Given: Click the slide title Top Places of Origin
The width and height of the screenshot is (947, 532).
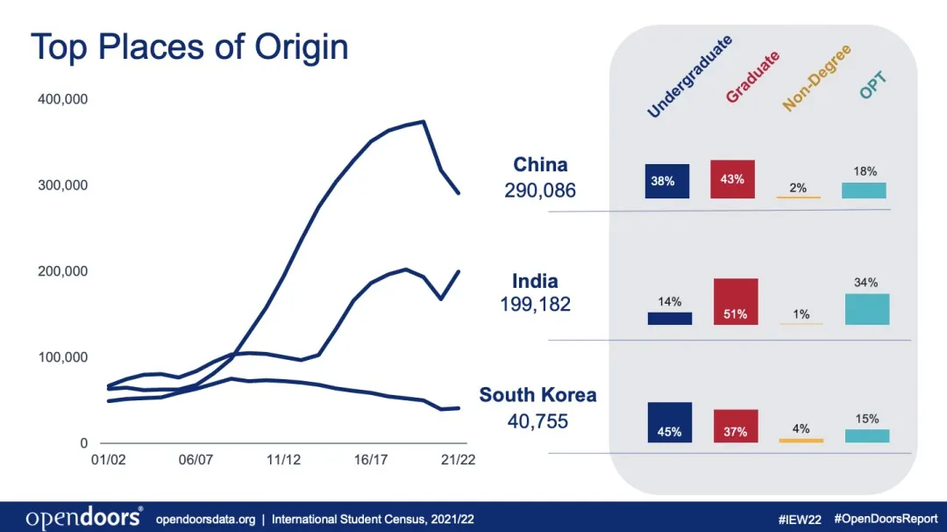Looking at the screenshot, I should click(189, 47).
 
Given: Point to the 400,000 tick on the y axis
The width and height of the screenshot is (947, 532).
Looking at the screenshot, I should click(63, 99).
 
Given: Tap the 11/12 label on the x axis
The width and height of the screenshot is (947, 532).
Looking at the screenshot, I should click(283, 459).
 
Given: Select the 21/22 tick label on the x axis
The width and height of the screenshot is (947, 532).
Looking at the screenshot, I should click(457, 459).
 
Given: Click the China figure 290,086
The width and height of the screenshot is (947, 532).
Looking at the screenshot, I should click(540, 190).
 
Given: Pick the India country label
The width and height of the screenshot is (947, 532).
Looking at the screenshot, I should click(535, 281).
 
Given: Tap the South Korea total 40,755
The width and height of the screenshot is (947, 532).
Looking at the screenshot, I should click(538, 421).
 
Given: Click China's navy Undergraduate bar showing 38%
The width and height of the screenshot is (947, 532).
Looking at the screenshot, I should click(667, 181).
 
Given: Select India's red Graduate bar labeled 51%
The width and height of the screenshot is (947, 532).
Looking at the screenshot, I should click(736, 302).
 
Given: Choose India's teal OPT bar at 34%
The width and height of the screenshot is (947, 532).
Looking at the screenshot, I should click(867, 309).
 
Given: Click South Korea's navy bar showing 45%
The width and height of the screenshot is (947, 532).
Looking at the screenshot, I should click(669, 422).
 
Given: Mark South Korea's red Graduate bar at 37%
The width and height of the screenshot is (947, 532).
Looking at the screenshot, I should click(736, 426).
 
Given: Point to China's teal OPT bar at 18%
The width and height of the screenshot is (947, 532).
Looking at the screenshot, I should click(864, 191).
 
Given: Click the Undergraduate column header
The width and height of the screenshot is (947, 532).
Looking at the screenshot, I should click(690, 77).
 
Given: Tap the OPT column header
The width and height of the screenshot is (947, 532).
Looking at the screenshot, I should click(873, 85).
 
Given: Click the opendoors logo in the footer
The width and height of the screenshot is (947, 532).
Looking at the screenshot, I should click(84, 518).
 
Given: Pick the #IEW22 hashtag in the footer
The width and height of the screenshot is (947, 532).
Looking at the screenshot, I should click(801, 519).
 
